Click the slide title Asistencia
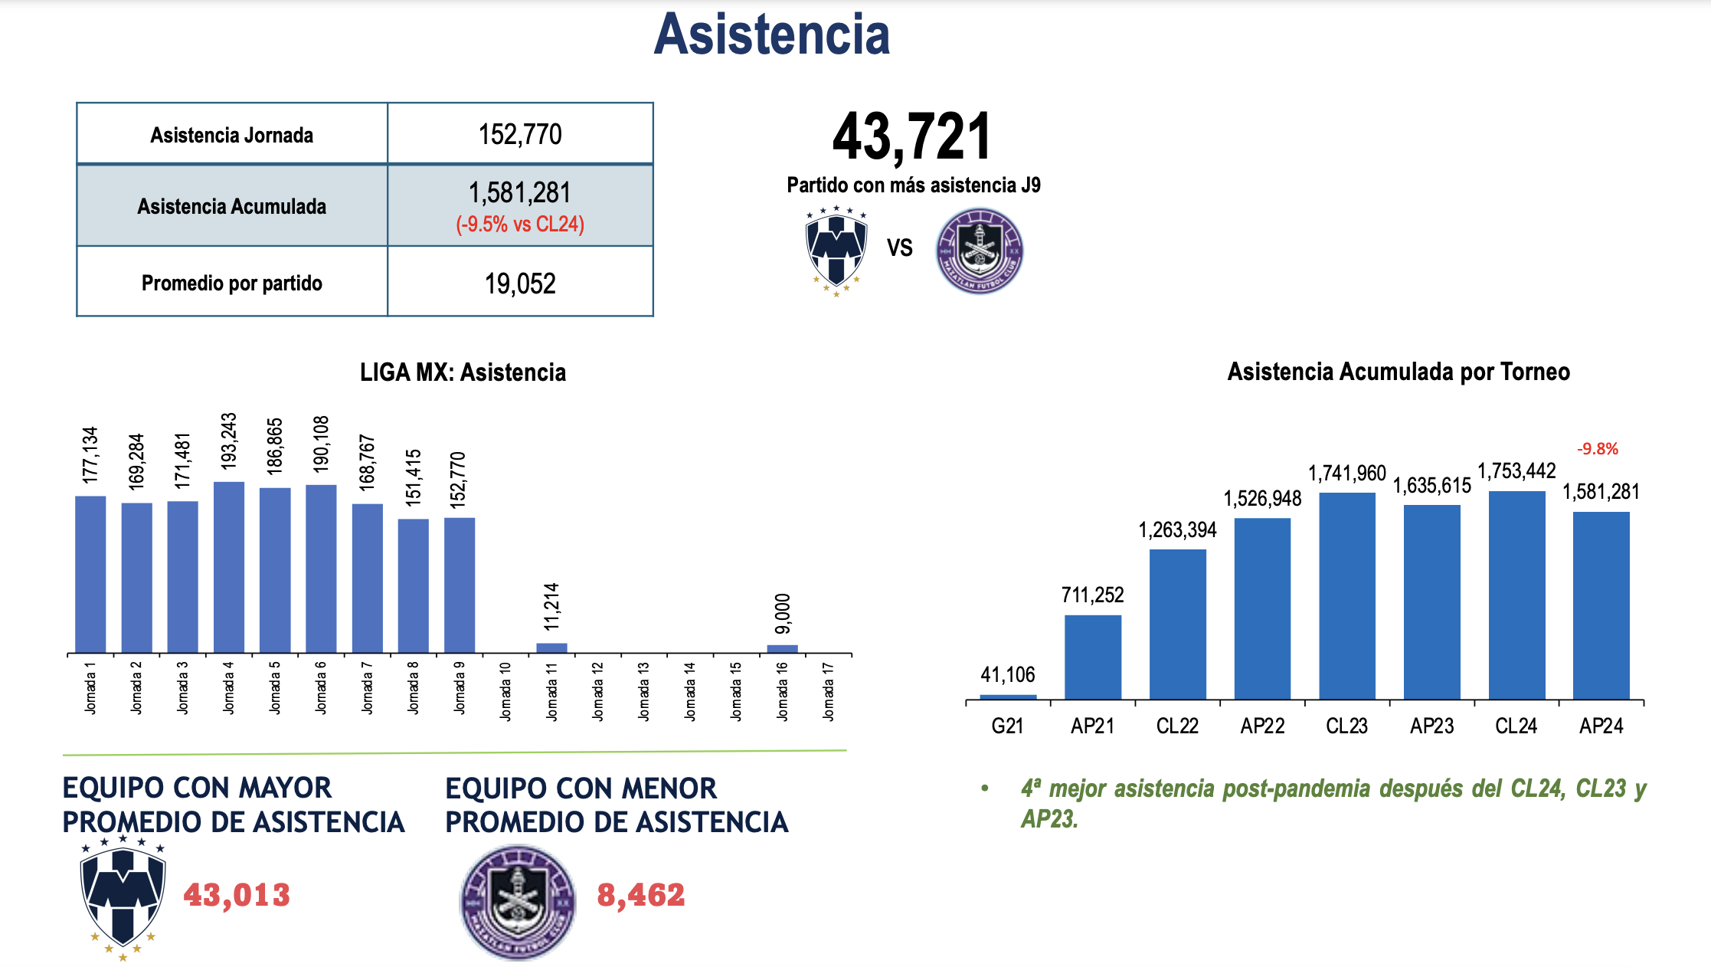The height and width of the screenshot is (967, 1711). coord(771,35)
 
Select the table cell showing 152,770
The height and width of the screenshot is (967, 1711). coord(520,135)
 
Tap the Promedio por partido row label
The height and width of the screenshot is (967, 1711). coord(231,284)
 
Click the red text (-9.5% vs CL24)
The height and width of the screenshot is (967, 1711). coord(520,225)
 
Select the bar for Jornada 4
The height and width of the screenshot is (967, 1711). coord(229,567)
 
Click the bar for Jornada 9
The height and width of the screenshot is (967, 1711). coord(460,585)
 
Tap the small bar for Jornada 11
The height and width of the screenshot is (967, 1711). coord(551,647)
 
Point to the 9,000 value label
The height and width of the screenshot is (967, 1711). coord(782,614)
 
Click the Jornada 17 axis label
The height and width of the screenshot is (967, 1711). coord(828,692)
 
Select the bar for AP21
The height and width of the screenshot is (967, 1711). coord(1093,657)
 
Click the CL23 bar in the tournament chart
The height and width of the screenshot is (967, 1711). coord(1347,595)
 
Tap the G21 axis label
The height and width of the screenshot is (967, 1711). coord(1007,726)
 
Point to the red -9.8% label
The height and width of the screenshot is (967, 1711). coord(1598,449)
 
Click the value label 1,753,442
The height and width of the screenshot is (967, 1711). coord(1516,471)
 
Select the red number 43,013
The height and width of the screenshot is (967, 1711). coord(237,895)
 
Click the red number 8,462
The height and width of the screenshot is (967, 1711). coord(641,895)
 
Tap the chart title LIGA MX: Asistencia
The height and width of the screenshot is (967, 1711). coord(463,372)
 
